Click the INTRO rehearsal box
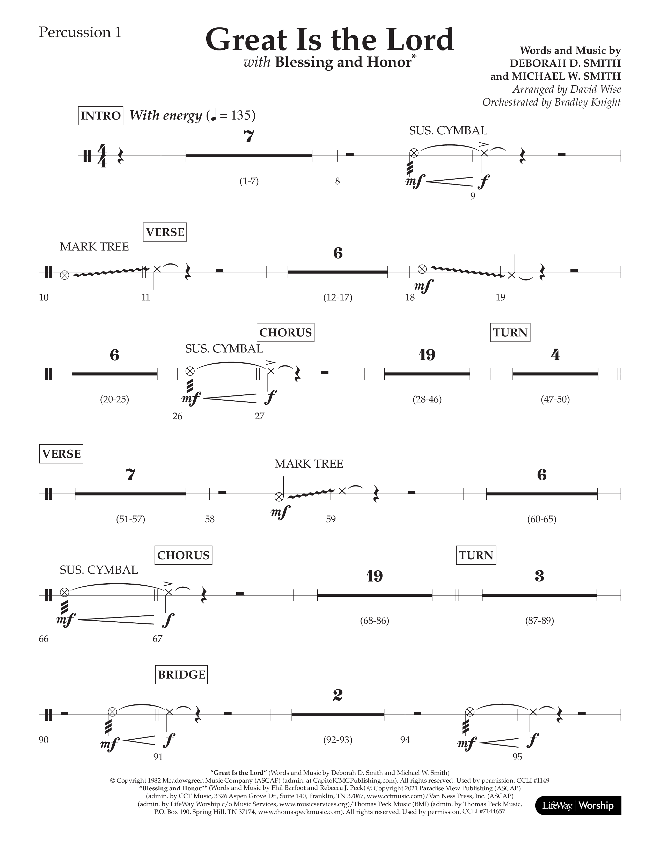point(100,116)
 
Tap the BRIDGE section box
point(181,674)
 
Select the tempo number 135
point(240,115)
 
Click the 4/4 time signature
point(102,156)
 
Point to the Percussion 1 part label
point(80,32)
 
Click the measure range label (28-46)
point(427,399)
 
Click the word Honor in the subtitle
point(391,63)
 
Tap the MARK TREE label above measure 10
point(94,247)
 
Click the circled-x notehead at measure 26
point(190,370)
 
